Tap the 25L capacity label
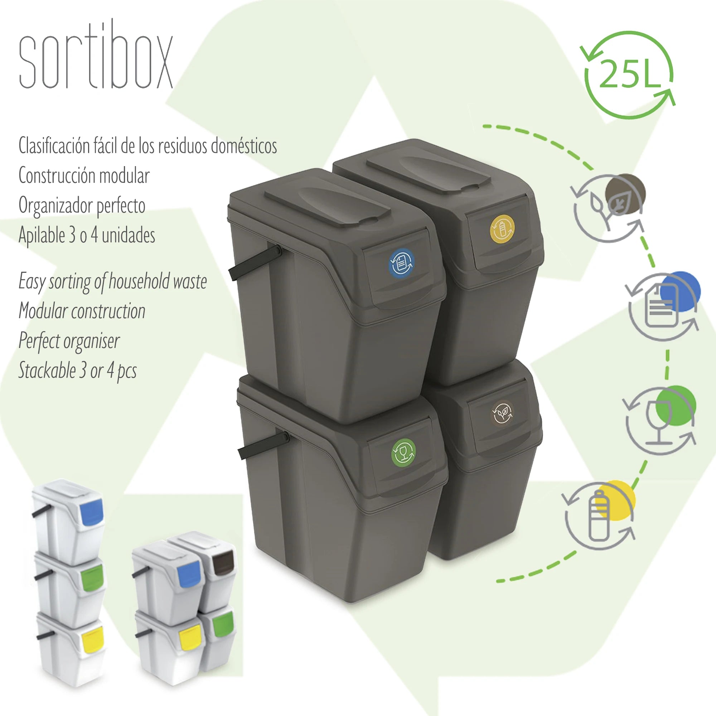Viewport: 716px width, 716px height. coord(630,74)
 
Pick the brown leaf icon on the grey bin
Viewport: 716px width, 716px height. coord(502,412)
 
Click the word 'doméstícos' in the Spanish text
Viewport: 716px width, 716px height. coord(244,146)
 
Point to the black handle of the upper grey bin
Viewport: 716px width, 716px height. coord(255,262)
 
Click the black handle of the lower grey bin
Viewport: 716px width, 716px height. coord(263,445)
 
